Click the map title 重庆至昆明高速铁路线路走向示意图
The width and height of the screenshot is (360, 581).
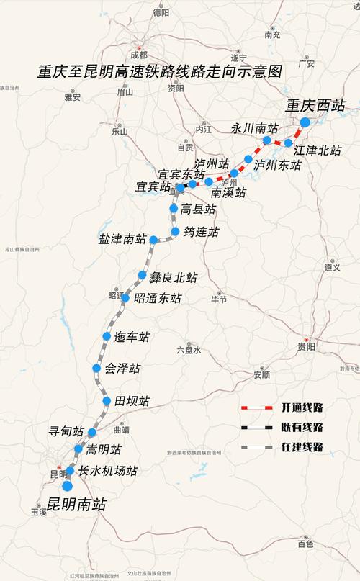pyautogui.click(x=161, y=71)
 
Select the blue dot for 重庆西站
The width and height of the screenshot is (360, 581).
pyautogui.click(x=304, y=122)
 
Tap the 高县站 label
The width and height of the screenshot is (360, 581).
pyautogui.click(x=198, y=210)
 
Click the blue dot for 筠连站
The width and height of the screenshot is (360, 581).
pyautogui.click(x=176, y=232)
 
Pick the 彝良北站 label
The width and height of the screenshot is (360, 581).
pyautogui.click(x=173, y=277)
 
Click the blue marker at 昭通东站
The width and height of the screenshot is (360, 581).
pyautogui.click(x=125, y=298)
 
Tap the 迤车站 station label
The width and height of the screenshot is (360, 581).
pyautogui.click(x=131, y=337)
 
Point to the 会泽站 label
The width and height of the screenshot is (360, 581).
pyautogui.click(x=122, y=369)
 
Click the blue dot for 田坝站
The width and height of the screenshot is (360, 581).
pyautogui.click(x=107, y=401)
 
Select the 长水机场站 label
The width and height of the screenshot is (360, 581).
pyautogui.click(x=107, y=472)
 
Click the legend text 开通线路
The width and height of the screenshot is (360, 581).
pyautogui.click(x=302, y=407)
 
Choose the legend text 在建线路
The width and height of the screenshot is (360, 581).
pyautogui.click(x=302, y=447)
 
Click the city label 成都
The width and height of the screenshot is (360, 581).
pyautogui.click(x=138, y=55)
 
